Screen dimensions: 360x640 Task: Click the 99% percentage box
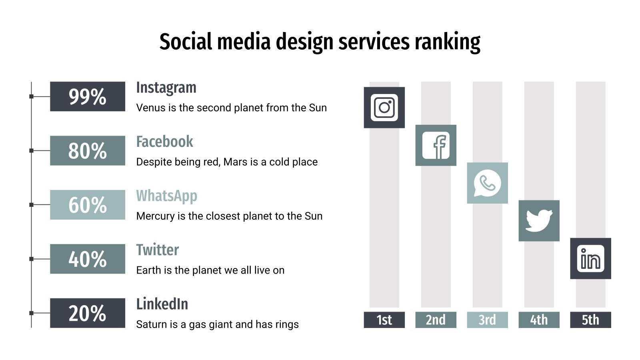87,96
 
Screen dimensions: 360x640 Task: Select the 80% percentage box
87,150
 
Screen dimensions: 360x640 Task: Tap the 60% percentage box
87,204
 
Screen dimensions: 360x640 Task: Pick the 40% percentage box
87,259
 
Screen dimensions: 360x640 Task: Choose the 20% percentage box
87,313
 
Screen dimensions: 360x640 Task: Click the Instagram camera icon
384,107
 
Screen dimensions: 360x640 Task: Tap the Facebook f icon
436,145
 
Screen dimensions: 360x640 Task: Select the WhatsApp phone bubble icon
487,183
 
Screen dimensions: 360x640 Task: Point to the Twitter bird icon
539,221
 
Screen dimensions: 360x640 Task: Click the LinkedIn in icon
590,258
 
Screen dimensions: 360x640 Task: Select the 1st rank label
384,320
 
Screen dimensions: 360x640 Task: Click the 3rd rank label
487,320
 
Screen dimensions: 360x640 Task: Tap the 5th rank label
590,320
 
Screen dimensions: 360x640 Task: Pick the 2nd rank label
436,320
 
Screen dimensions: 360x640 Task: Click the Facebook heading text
164,142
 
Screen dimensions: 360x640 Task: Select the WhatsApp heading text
166,196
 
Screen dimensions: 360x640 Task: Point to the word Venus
150,108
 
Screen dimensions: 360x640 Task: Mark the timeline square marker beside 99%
31,96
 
